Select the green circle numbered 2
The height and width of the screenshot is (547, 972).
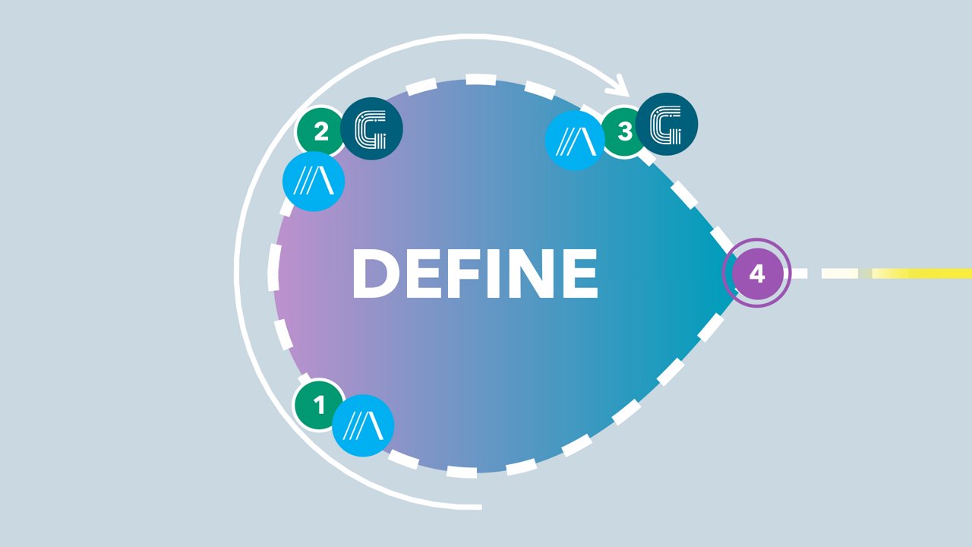tap(320, 132)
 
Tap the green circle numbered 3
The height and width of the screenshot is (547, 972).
tap(624, 132)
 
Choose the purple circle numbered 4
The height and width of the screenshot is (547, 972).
tap(756, 273)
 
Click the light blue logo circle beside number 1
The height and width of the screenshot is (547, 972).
tap(363, 425)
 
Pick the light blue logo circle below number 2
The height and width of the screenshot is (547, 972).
tap(314, 182)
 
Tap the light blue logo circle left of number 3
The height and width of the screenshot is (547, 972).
tap(575, 139)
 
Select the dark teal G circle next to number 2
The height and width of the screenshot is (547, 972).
tap(371, 129)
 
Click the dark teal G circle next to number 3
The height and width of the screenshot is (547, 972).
tap(667, 124)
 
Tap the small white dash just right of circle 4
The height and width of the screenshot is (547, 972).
tap(800, 273)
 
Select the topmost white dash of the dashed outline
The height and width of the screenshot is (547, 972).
tap(480, 79)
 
